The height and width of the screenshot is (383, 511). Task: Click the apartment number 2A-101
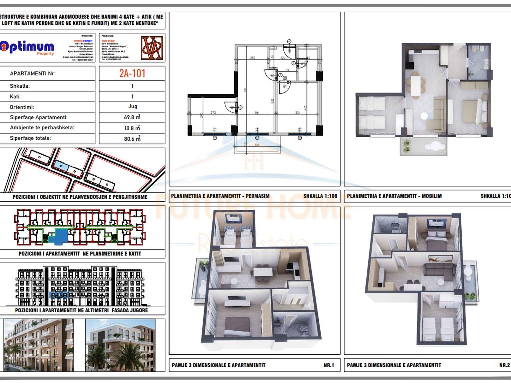click(132, 74)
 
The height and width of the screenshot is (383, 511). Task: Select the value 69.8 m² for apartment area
click(132, 117)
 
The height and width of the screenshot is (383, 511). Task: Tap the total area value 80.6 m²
click(132, 139)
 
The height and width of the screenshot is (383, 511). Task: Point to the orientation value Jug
click(132, 107)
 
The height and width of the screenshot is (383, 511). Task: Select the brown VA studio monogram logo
click(152, 47)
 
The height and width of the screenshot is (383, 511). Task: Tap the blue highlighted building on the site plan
click(60, 165)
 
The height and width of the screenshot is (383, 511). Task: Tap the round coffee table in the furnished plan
click(424, 116)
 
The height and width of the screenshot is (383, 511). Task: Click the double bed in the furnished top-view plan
click(471, 111)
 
